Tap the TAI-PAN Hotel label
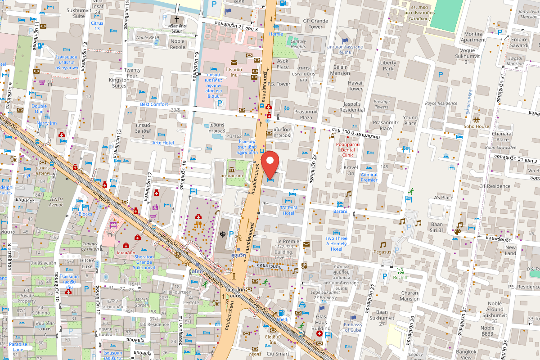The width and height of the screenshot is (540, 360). click(288, 210)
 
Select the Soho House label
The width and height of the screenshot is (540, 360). click(476, 126)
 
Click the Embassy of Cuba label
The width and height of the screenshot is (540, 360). click(353, 327)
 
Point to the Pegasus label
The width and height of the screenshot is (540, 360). click(382, 252)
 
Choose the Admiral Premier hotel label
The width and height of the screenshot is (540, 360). click(369, 177)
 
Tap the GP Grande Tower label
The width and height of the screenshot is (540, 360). click(315, 23)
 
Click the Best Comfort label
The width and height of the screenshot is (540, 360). click(154, 104)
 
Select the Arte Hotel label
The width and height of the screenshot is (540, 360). click(163, 143)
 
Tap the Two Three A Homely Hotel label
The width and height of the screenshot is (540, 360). click(336, 243)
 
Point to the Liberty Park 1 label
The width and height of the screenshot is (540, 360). click(388, 66)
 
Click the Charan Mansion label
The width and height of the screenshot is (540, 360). click(409, 296)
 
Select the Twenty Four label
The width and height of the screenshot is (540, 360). click(132, 73)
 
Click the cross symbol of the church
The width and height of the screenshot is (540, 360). click(177, 19)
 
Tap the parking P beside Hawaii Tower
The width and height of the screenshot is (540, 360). click(441, 75)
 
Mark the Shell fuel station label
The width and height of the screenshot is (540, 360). click(282, 319)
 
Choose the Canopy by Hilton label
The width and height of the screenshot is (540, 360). click(90, 247)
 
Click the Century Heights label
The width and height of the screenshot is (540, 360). click(298, 44)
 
